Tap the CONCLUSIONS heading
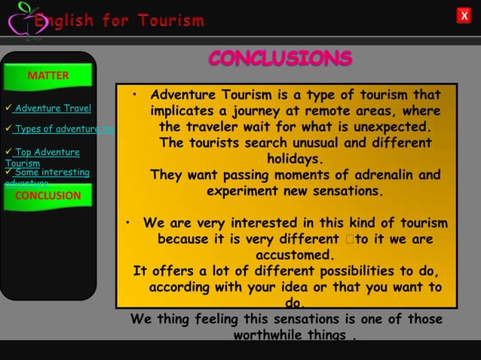tap(280, 58)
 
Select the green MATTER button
tap(48, 75)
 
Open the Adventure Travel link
tap(53, 108)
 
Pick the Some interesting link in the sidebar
tap(51, 173)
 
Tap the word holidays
tap(296, 159)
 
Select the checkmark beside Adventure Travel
tap(8, 108)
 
